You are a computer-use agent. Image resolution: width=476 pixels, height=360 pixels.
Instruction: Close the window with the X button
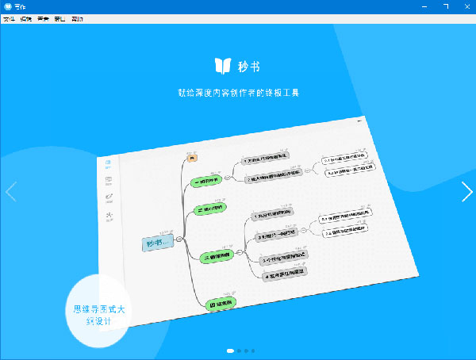point(464,6)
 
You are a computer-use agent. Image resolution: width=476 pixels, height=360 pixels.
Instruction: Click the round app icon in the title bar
point(7,6)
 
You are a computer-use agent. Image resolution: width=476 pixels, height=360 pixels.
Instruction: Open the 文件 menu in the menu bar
point(9,18)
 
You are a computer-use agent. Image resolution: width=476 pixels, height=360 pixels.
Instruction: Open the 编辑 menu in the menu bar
point(25,18)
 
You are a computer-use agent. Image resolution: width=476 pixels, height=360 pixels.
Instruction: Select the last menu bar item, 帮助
point(76,18)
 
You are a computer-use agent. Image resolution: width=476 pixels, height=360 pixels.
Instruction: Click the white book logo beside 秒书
point(223,65)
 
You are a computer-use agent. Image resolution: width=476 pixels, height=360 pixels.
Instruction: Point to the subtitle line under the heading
point(238,93)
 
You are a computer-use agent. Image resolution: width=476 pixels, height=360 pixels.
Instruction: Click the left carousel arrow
point(10,192)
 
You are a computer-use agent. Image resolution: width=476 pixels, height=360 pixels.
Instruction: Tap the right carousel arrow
point(466,192)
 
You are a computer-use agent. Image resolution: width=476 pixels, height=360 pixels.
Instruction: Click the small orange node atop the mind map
point(191,159)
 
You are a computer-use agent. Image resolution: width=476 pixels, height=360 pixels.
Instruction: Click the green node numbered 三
point(218,255)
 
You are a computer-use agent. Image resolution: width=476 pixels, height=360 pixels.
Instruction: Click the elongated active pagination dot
point(230,350)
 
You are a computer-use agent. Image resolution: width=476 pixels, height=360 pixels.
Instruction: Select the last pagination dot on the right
point(253,350)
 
